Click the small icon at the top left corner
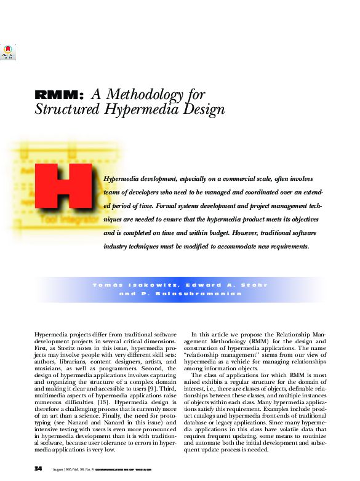8,52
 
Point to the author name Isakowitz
147,285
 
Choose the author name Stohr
254,285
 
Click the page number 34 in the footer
38,469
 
